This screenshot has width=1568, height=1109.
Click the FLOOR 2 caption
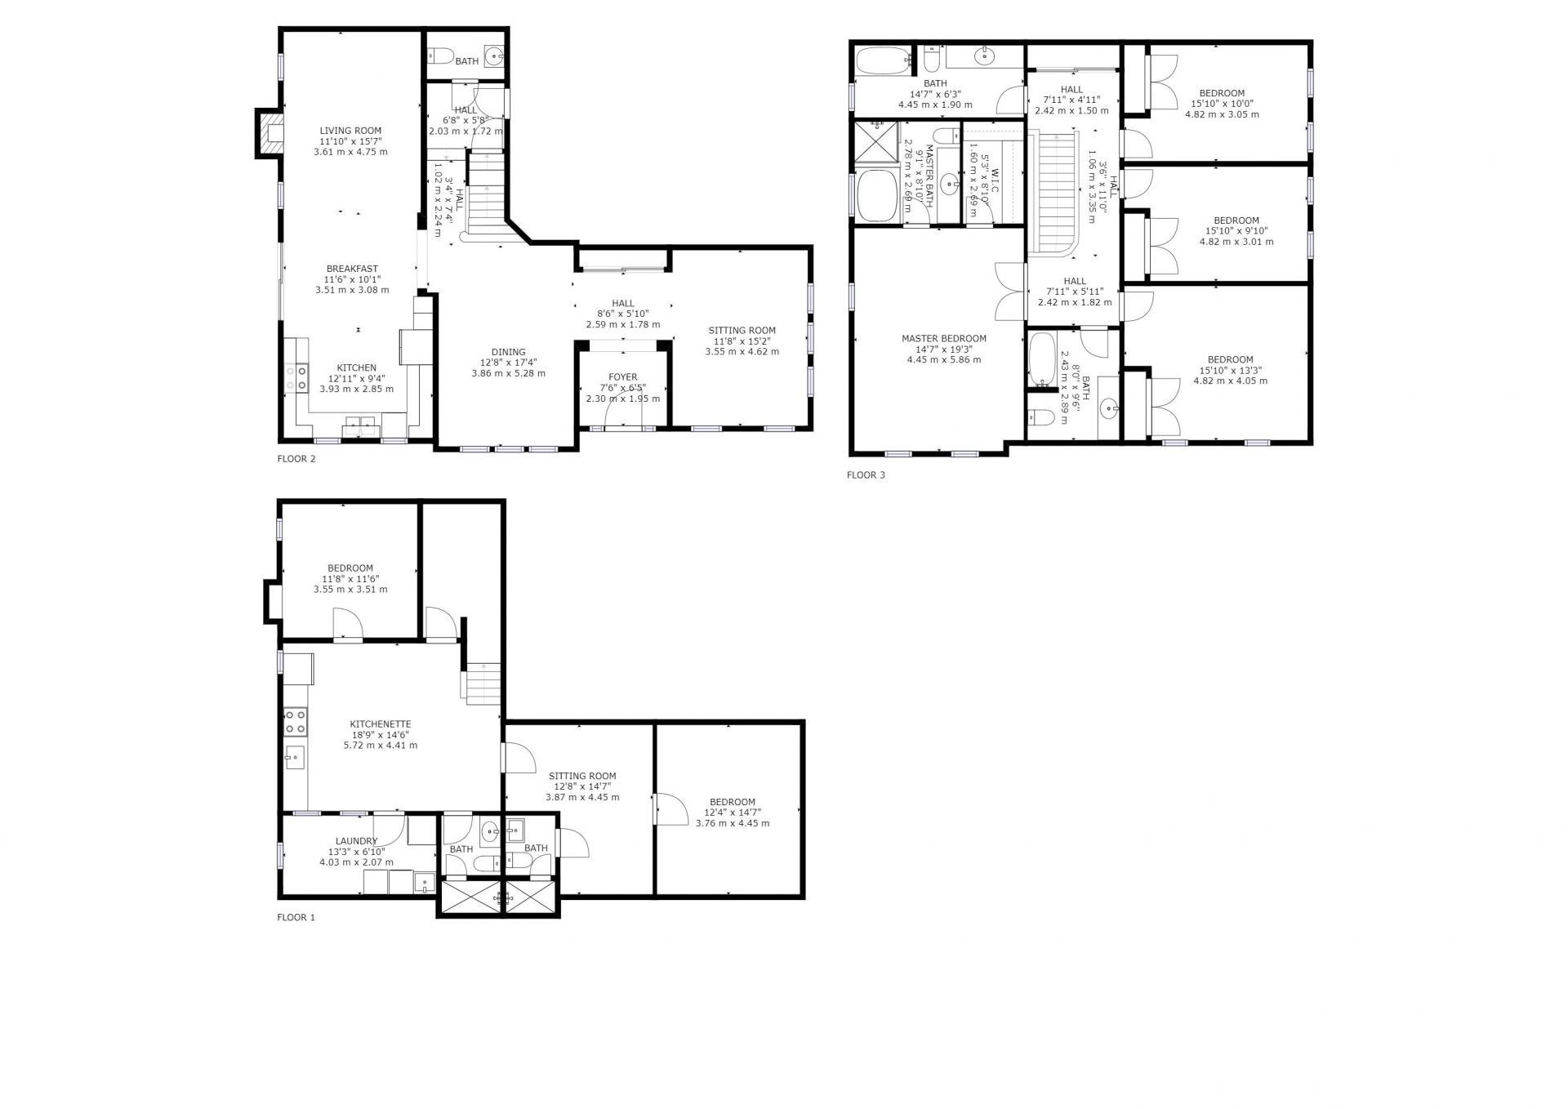coord(296,459)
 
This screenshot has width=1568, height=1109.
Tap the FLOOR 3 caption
coord(866,475)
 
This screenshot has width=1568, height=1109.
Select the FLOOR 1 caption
coord(296,917)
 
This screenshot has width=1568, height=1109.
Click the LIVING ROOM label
coord(350,131)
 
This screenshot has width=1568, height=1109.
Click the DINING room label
coord(508,352)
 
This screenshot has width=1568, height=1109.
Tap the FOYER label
coord(622,377)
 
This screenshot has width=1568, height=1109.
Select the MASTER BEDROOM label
coord(943,338)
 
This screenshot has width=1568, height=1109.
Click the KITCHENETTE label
coord(380,724)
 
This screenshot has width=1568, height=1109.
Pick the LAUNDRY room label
coord(356,841)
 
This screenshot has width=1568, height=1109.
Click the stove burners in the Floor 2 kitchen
coord(296,376)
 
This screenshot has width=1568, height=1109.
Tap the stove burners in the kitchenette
coord(296,721)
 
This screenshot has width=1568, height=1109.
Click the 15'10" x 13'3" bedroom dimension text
coord(1230,370)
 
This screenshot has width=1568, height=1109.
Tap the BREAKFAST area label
coord(352,269)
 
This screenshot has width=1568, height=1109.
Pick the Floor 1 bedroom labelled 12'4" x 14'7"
coord(733,813)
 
